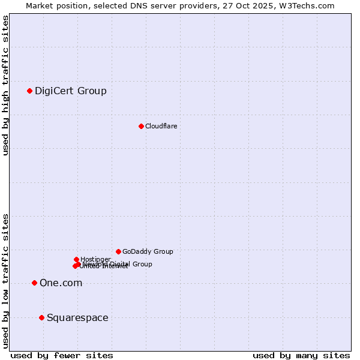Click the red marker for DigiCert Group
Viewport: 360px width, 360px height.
pyautogui.click(x=29, y=91)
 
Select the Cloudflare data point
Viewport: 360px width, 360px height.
pyautogui.click(x=141, y=126)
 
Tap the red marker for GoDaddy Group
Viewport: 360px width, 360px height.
pyautogui.click(x=118, y=251)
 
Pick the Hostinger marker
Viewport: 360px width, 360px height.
pyautogui.click(x=76, y=259)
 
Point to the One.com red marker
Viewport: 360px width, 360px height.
pyautogui.click(x=34, y=283)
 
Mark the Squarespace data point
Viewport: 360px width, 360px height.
pyautogui.click(x=41, y=317)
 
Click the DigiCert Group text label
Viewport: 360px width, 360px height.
pyautogui.click(x=71, y=91)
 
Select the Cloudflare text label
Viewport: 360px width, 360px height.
pyautogui.click(x=161, y=126)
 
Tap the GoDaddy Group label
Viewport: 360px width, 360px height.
pyautogui.click(x=148, y=251)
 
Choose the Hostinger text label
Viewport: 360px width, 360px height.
pyautogui.click(x=95, y=259)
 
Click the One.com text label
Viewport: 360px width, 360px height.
pyautogui.click(x=61, y=283)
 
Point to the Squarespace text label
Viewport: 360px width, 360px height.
pyautogui.click(x=77, y=318)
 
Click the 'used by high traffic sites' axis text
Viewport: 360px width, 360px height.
pyautogui.click(x=6, y=85)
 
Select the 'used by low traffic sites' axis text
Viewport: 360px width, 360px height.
pyautogui.click(x=6, y=280)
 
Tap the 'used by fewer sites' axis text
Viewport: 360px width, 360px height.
pyautogui.click(x=62, y=355)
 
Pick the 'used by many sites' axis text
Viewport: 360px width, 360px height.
pyautogui.click(x=301, y=355)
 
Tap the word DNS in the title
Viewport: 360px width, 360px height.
pyautogui.click(x=131, y=5)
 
